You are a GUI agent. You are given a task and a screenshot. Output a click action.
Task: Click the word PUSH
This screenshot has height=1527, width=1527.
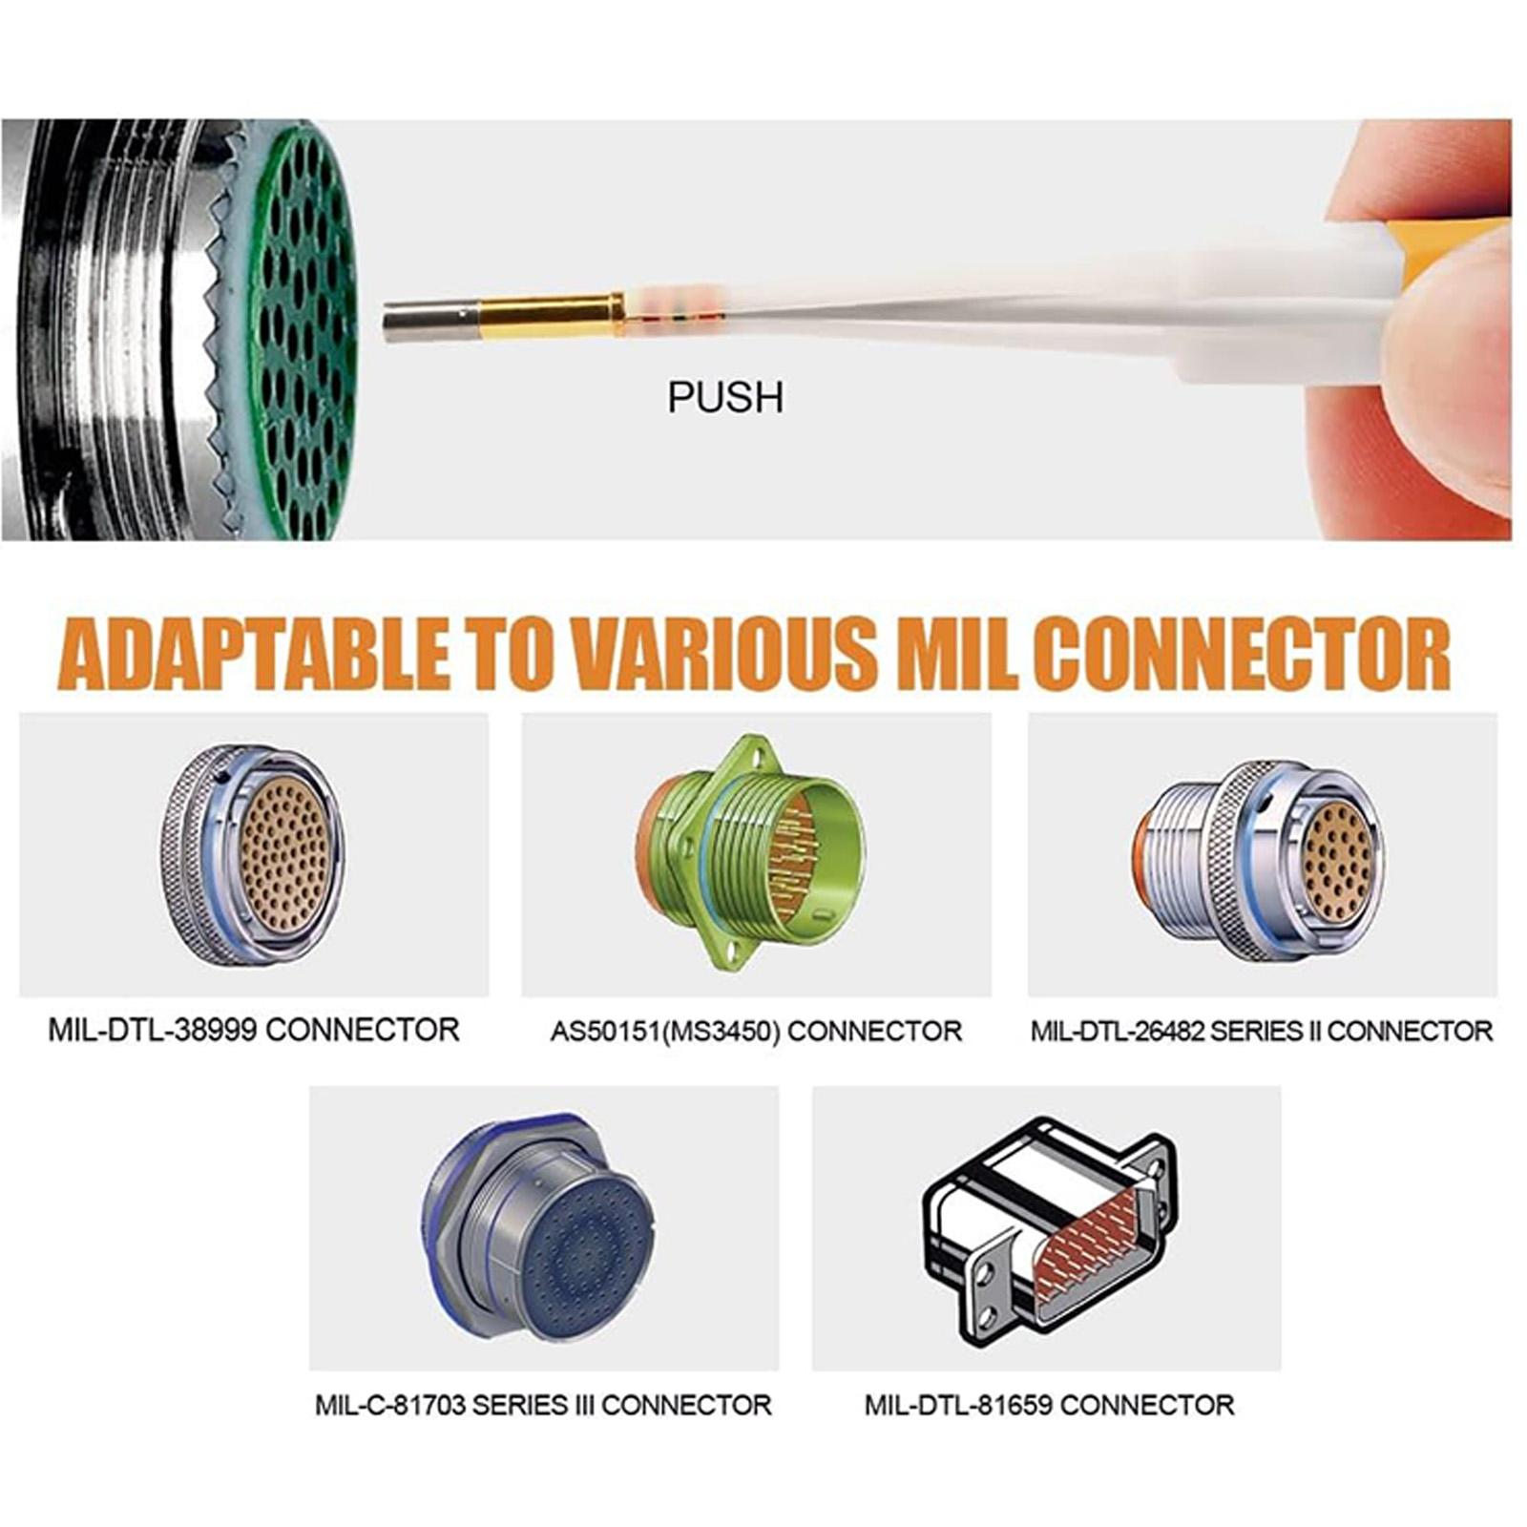(725, 397)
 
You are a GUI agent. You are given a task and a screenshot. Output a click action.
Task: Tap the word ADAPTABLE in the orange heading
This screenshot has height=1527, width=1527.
(260, 654)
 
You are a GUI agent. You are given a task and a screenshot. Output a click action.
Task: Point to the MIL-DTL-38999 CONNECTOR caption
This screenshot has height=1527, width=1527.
(254, 1030)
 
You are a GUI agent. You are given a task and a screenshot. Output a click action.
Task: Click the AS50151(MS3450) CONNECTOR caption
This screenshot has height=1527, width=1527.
(756, 1031)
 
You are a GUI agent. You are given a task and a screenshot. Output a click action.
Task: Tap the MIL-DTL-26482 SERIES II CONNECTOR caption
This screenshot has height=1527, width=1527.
(1262, 1031)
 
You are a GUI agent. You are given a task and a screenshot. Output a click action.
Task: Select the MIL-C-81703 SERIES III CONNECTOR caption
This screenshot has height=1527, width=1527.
(543, 1405)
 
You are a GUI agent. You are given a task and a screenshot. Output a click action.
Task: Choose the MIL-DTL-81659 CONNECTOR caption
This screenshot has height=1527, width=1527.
(1049, 1405)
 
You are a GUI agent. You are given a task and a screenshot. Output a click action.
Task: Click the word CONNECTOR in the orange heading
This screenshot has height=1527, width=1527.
(1243, 654)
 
